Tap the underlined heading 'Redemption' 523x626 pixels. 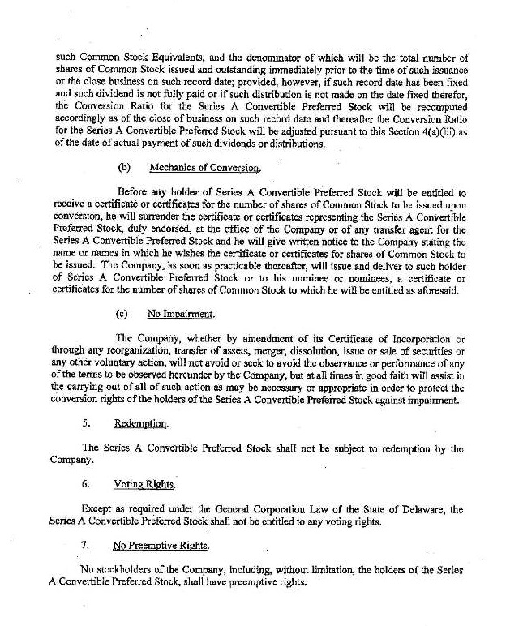click(141, 423)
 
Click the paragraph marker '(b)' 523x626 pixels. click(123, 168)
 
